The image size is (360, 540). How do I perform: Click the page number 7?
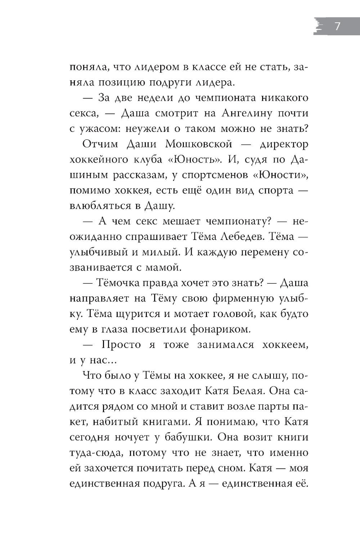337,27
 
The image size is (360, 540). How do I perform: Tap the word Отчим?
100,144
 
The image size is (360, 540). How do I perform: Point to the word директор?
284,144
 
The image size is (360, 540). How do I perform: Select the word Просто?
121,345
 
